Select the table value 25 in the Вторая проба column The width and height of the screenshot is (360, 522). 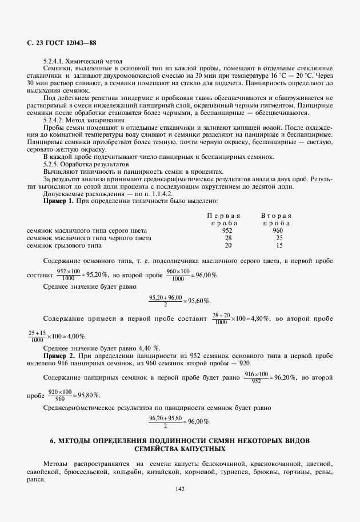point(279,238)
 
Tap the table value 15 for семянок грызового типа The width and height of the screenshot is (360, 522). point(279,245)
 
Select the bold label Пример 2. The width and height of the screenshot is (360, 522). point(59,356)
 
